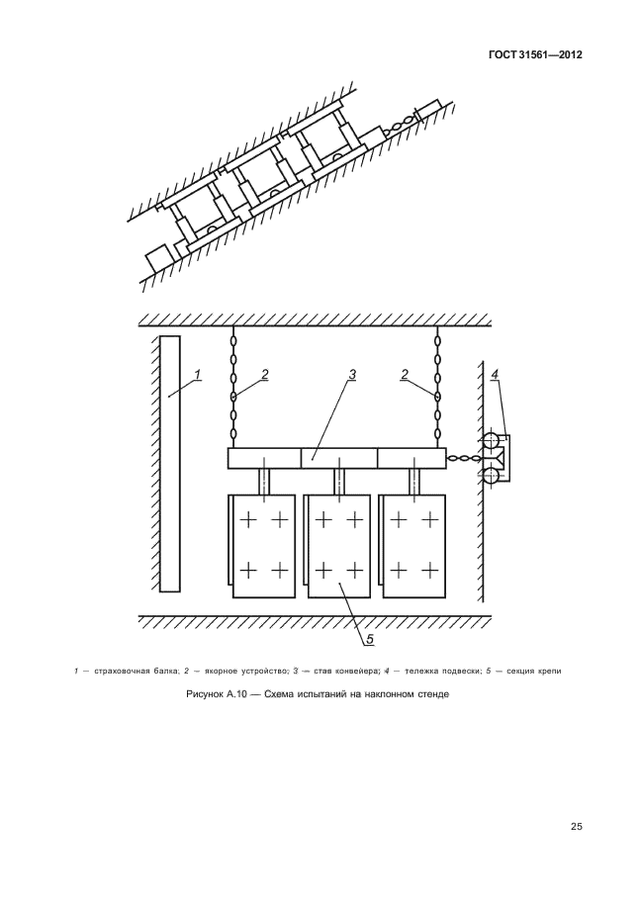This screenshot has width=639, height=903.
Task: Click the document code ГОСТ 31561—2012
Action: [x=535, y=55]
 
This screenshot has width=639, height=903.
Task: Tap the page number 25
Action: [x=577, y=827]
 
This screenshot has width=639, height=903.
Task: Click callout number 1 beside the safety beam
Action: [x=197, y=374]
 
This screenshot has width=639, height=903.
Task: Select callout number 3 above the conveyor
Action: [x=352, y=374]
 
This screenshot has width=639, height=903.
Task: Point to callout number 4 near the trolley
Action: [x=495, y=374]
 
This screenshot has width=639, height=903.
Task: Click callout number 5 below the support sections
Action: [x=369, y=638]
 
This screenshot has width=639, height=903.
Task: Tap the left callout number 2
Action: [x=264, y=374]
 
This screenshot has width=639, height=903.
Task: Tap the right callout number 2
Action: [x=405, y=374]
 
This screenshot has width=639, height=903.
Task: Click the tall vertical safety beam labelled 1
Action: [x=169, y=464]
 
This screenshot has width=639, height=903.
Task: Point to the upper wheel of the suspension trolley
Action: [x=491, y=440]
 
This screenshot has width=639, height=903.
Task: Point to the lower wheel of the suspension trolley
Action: [x=491, y=477]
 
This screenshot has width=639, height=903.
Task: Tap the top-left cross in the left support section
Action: [x=247, y=520]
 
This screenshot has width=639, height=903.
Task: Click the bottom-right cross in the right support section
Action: [x=430, y=570]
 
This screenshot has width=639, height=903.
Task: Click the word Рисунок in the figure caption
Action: [x=205, y=694]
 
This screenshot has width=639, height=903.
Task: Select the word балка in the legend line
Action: [x=167, y=671]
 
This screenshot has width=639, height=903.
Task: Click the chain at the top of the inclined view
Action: [x=399, y=124]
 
